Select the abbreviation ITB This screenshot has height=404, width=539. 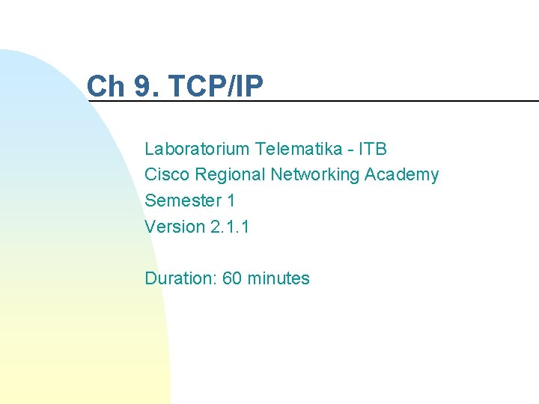[373, 149]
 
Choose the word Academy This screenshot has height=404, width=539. [402, 175]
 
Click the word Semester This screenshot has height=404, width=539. [179, 201]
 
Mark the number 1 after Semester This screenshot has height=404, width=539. [231, 201]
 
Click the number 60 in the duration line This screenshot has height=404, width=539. [232, 279]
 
